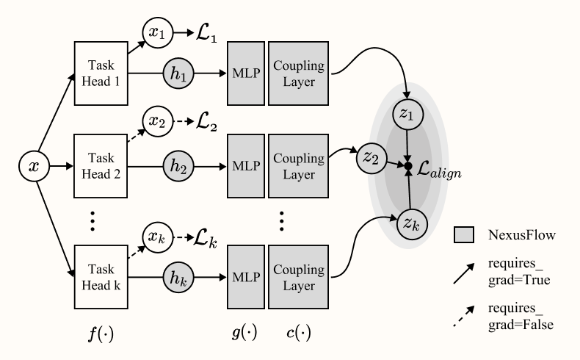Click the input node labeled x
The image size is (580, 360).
34,168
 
